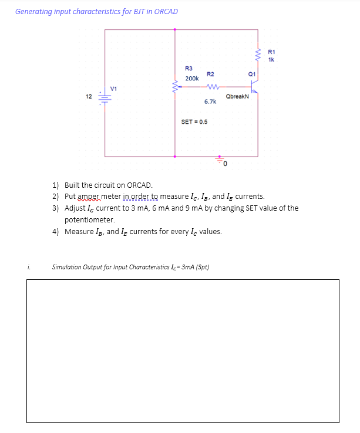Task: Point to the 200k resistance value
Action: tap(192, 78)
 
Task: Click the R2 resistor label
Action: tap(210, 74)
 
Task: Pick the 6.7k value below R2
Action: tap(210, 102)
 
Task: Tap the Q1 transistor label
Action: tap(252, 74)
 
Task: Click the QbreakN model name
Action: tap(237, 96)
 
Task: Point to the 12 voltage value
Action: tap(88, 96)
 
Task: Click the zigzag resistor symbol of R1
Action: tap(258, 55)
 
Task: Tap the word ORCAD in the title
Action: tap(166, 11)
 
